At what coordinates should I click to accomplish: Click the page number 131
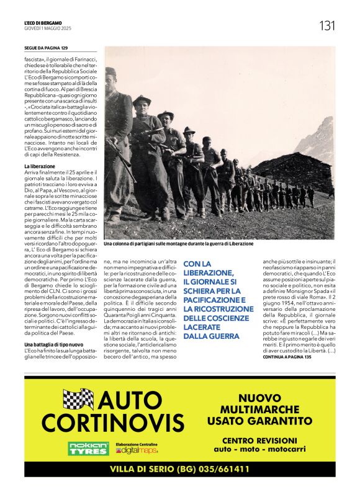click(327, 25)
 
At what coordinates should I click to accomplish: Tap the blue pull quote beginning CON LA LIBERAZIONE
click(211, 299)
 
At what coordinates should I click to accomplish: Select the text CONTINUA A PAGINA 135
click(290, 357)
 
